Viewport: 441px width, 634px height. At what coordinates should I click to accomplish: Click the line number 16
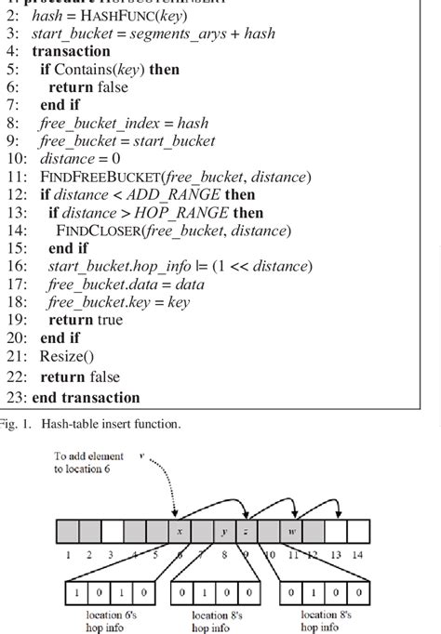click(x=12, y=266)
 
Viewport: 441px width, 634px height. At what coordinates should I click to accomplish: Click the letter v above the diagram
click(x=141, y=456)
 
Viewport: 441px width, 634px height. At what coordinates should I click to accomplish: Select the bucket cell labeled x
click(x=179, y=532)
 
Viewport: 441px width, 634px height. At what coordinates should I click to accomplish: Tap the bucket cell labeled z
click(x=246, y=532)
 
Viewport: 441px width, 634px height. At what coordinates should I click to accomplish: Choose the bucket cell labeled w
click(x=292, y=532)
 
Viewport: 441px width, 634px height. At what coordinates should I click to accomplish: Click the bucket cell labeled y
click(x=224, y=532)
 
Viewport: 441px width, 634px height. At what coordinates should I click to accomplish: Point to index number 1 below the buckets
click(x=67, y=556)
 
